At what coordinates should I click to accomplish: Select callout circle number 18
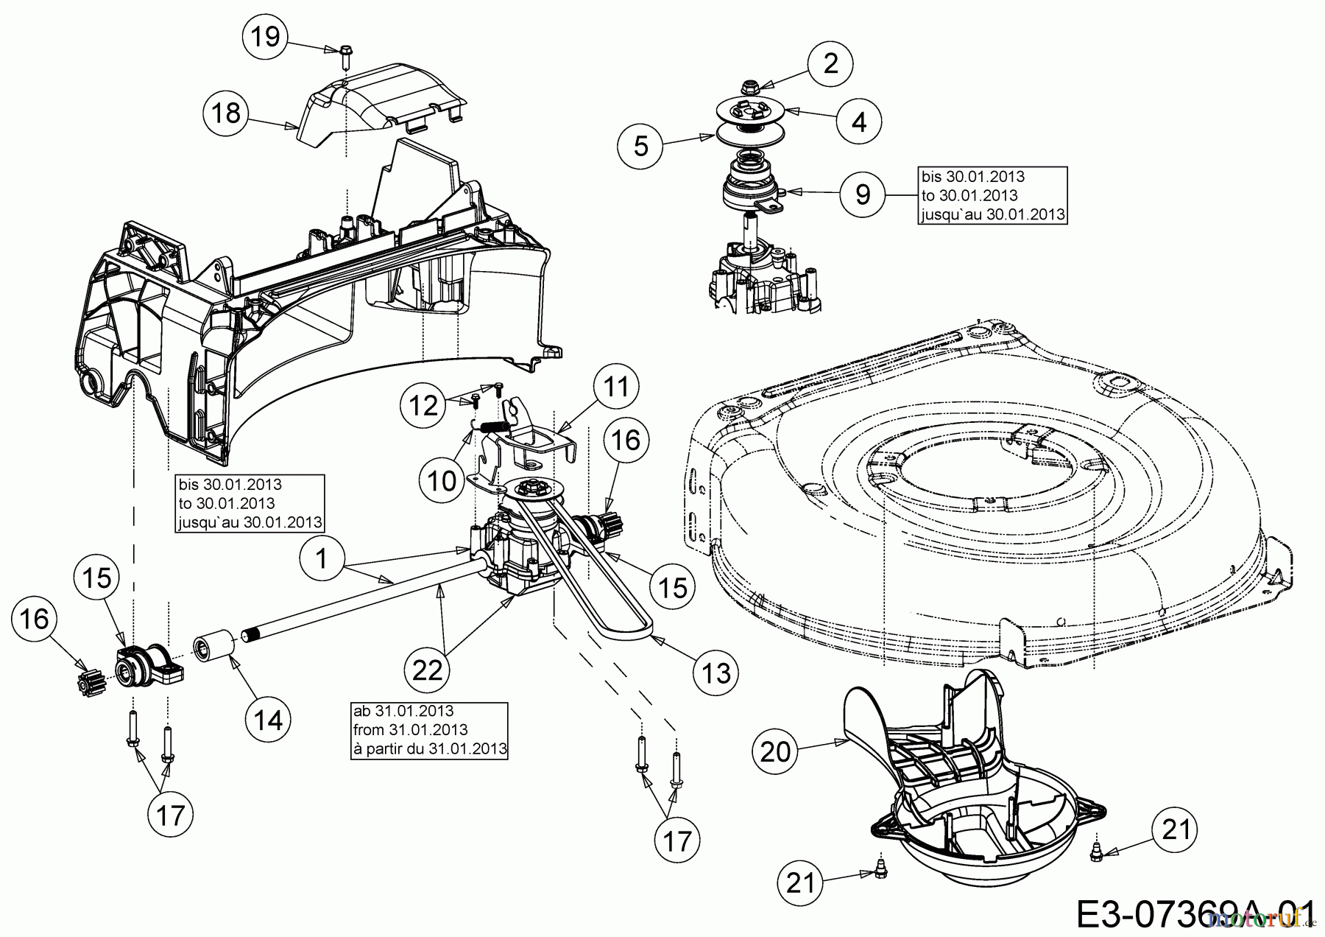[x=227, y=113]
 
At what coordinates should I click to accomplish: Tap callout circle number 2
[x=830, y=64]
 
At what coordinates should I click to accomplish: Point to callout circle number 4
[x=859, y=121]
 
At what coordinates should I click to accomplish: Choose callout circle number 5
[x=641, y=147]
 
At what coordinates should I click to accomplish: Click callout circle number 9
[x=863, y=194]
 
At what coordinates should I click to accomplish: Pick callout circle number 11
[x=617, y=387]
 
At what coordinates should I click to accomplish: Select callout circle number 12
[x=424, y=406]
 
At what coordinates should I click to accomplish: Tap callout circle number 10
[x=442, y=481]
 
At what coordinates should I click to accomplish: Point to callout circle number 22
[x=428, y=670]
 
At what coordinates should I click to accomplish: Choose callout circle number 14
[x=268, y=719]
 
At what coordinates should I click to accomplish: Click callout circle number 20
[x=775, y=751]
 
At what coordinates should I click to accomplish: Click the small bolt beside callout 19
[x=344, y=52]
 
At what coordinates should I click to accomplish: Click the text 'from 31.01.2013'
[x=411, y=730]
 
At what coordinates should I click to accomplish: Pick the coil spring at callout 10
[x=496, y=425]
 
